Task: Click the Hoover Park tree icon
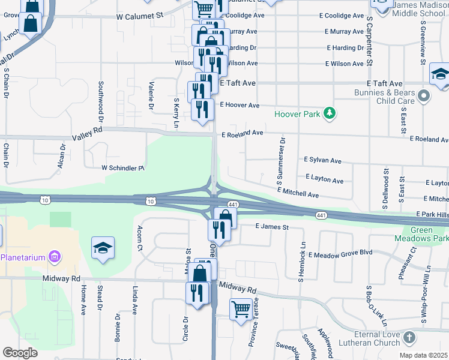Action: click(x=329, y=113)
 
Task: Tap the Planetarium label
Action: click(x=23, y=257)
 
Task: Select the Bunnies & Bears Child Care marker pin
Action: click(x=424, y=96)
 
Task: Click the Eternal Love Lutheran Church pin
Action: click(x=409, y=337)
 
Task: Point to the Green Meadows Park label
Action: click(x=429, y=235)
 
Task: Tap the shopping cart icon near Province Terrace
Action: click(x=241, y=310)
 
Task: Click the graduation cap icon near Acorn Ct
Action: click(x=103, y=248)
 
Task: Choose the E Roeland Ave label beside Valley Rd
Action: click(x=242, y=133)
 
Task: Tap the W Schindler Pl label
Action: click(x=123, y=167)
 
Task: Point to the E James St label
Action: click(x=272, y=227)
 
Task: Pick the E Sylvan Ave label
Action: click(x=322, y=160)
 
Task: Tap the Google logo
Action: click(x=20, y=353)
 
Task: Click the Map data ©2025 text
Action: click(x=423, y=355)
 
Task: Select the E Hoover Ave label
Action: click(x=240, y=105)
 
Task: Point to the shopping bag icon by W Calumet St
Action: click(x=29, y=25)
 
